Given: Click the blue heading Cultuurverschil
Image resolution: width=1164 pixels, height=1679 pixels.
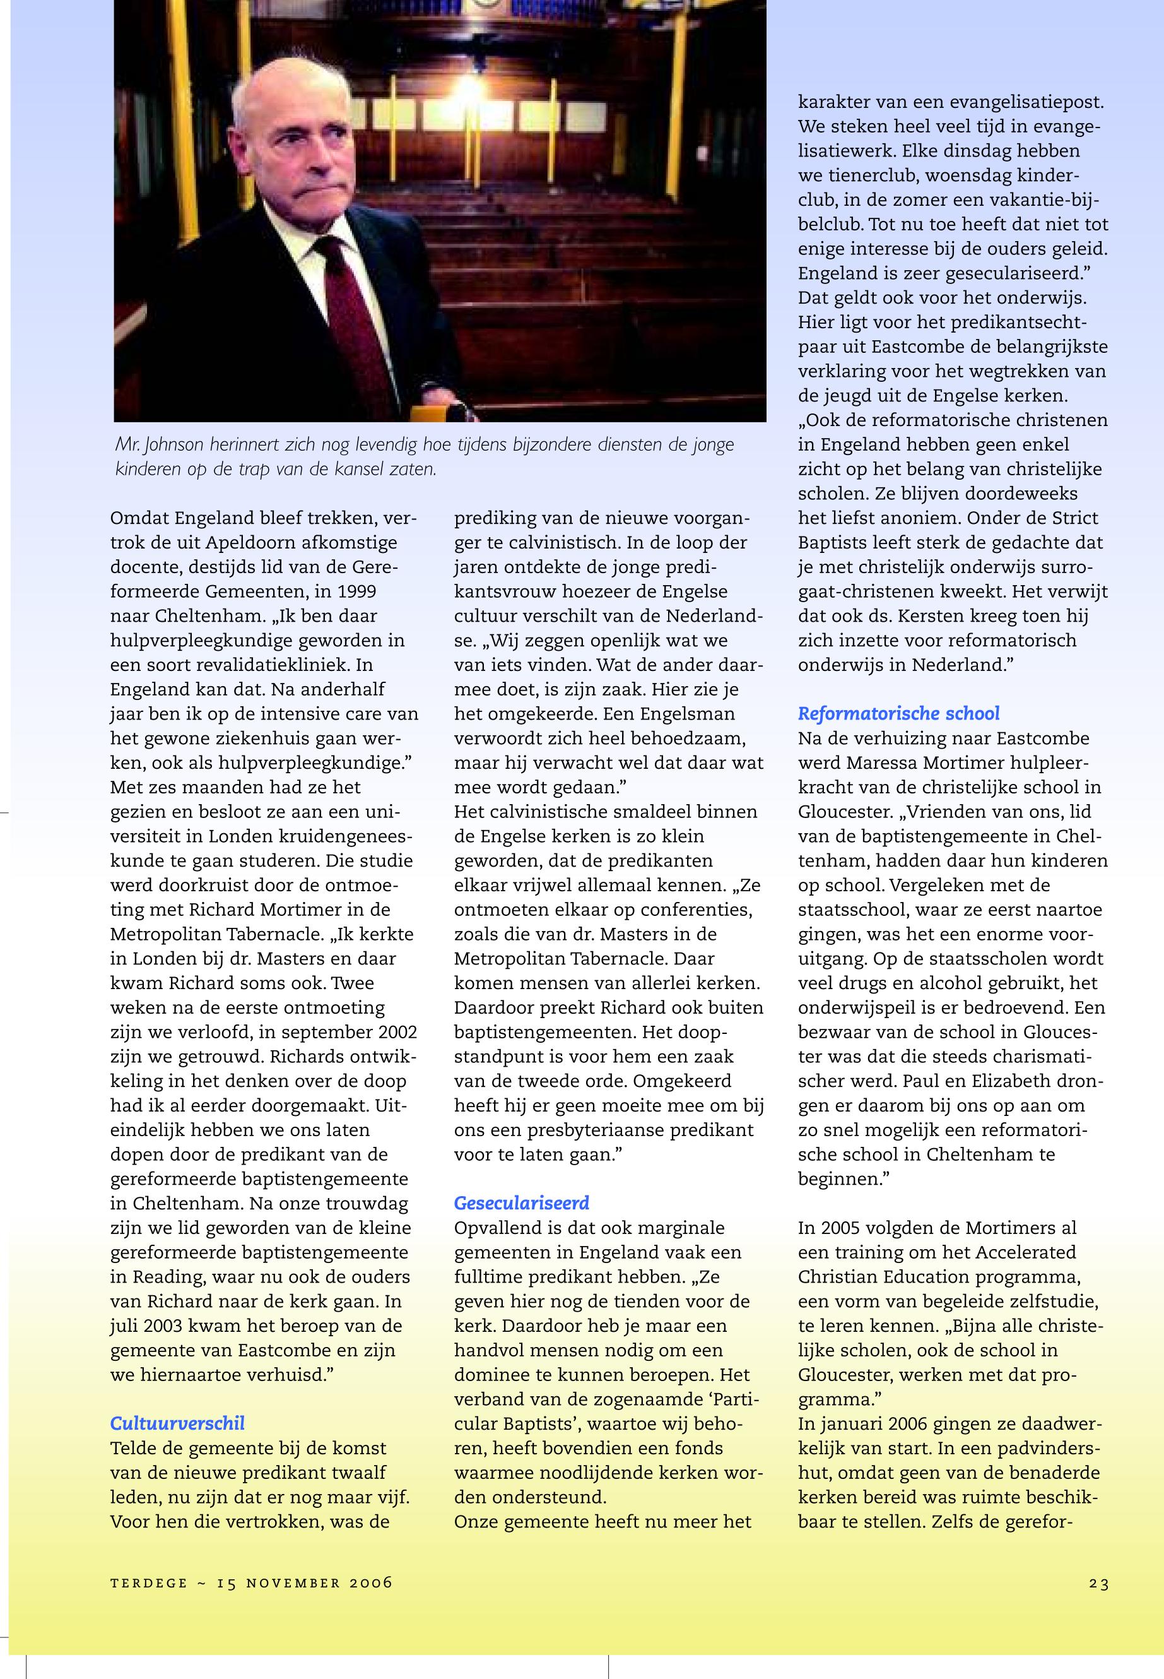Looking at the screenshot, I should pos(177,1423).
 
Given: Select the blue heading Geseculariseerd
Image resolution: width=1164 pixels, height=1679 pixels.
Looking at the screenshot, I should pos(522,1202).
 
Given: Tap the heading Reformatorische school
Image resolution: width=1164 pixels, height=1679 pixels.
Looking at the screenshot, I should pos(898,713).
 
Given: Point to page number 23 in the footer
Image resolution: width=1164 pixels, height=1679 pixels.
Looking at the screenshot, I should pos(1099,1582).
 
